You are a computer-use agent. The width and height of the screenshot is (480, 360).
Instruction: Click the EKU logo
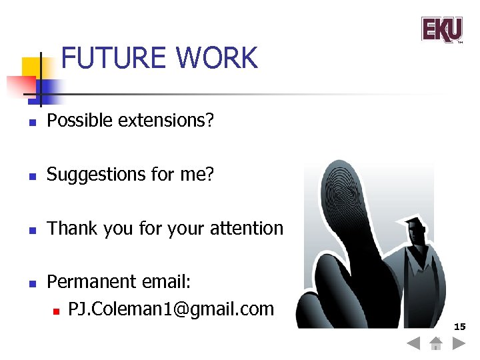tap(441, 29)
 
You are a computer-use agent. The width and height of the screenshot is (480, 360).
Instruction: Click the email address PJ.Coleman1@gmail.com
tap(171, 309)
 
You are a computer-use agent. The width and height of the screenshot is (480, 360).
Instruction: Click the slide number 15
tap(459, 327)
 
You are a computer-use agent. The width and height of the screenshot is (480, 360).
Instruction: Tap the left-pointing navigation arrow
tap(413, 344)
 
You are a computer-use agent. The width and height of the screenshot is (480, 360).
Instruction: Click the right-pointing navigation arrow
tap(459, 344)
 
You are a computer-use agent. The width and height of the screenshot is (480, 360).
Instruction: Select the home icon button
tap(436, 344)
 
